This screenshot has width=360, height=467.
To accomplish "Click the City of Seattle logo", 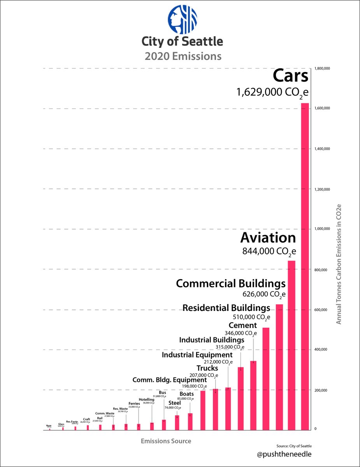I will (183, 19).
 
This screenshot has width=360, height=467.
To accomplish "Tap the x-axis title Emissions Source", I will (166, 441).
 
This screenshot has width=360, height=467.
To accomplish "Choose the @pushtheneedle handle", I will (285, 454).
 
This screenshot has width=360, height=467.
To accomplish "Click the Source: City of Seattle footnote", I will (294, 446).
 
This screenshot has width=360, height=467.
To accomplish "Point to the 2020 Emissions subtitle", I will (183, 56).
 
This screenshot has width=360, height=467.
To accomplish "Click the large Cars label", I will (290, 75).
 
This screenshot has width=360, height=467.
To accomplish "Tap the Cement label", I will (242, 325).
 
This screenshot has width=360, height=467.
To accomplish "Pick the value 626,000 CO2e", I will (265, 294).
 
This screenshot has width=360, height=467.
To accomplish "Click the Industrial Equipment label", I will (197, 355).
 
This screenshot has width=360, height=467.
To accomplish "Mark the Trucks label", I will (207, 368).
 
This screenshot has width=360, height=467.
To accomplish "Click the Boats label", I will (186, 394).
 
